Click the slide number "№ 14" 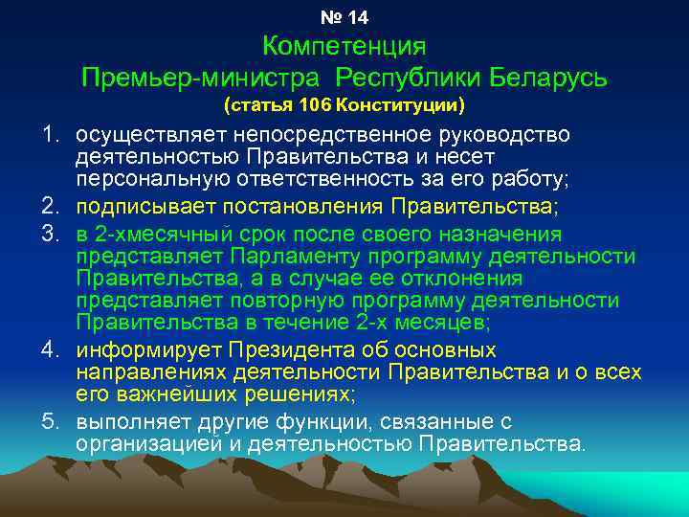point(344,17)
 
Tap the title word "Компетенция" point(344,46)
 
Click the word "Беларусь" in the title point(547,77)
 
